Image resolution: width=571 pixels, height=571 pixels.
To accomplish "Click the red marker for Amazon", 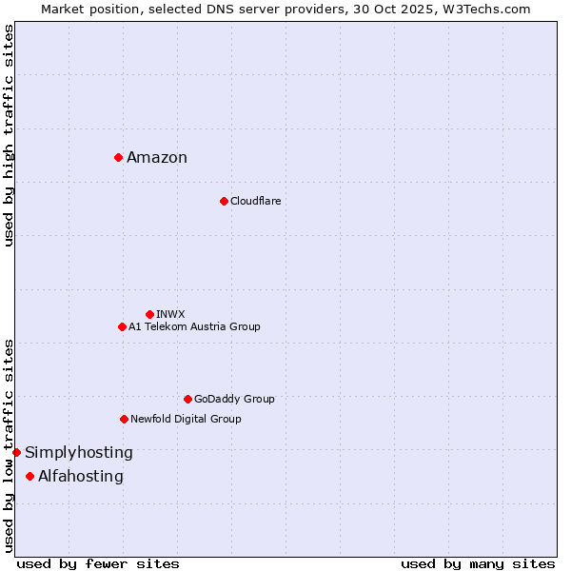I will tap(118, 157).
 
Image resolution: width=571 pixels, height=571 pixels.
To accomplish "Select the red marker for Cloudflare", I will tap(224, 201).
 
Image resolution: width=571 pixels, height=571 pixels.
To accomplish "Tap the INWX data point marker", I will tap(149, 314).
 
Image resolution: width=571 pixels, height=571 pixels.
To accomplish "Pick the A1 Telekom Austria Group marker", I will tap(122, 326).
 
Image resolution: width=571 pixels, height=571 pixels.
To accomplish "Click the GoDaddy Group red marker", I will tap(187, 399).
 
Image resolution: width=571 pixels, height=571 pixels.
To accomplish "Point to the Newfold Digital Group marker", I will tap(124, 419).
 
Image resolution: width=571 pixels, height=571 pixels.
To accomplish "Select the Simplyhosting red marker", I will tap(17, 452).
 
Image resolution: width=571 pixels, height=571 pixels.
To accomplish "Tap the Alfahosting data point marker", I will tap(30, 476).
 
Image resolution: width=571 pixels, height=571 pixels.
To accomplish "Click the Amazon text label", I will tap(157, 158).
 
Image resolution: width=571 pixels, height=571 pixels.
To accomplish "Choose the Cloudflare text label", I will tap(255, 202).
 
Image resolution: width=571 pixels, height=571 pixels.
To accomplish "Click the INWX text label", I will tap(170, 314).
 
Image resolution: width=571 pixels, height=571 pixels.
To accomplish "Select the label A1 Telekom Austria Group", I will tap(194, 327).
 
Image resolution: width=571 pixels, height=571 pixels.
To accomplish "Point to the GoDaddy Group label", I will tap(234, 400).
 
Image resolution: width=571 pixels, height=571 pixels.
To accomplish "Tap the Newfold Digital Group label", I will tap(186, 420).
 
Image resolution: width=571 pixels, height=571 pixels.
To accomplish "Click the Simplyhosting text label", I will tap(79, 453).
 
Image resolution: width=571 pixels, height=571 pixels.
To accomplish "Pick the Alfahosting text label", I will tap(81, 477).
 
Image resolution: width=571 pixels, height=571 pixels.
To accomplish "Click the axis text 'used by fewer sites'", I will tap(98, 563).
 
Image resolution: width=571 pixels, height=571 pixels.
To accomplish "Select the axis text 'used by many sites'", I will tap(478, 563).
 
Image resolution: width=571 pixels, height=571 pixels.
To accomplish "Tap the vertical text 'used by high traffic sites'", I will tap(9, 135).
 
